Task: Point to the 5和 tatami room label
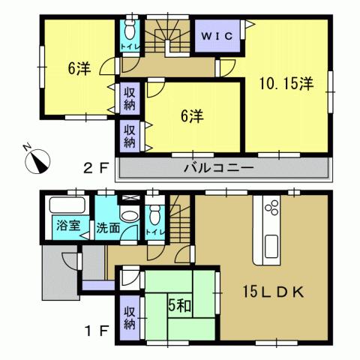click(178, 306)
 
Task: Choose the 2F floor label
click(92, 167)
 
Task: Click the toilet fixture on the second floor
click(128, 31)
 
